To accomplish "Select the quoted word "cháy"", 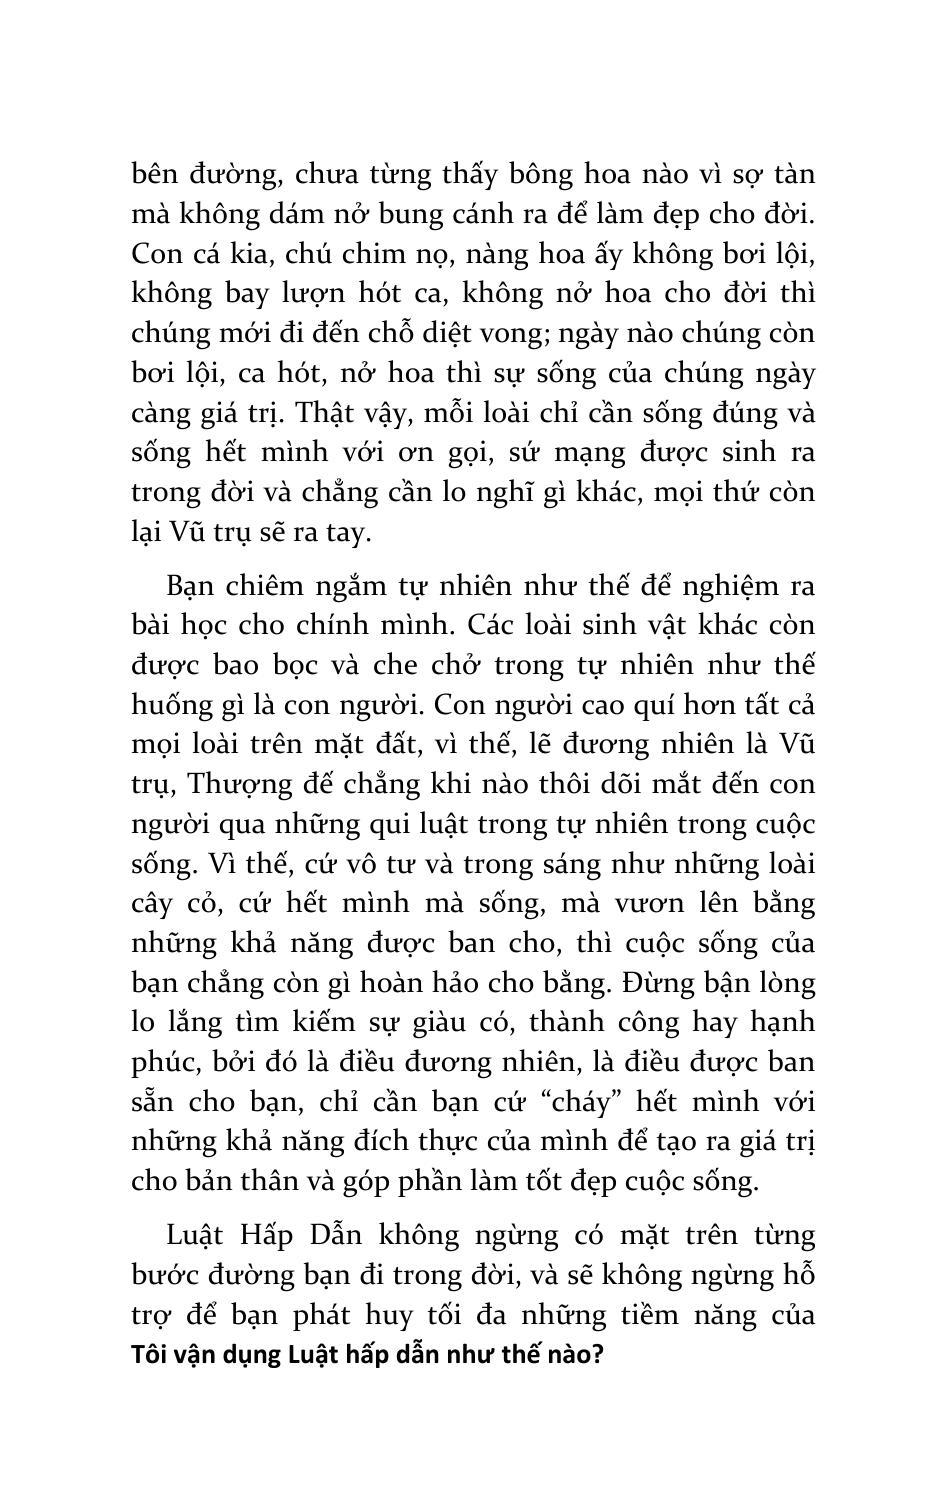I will point(591,1102).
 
